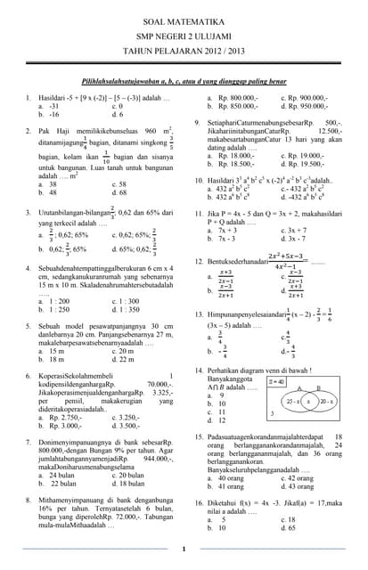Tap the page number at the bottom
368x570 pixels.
184,549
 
